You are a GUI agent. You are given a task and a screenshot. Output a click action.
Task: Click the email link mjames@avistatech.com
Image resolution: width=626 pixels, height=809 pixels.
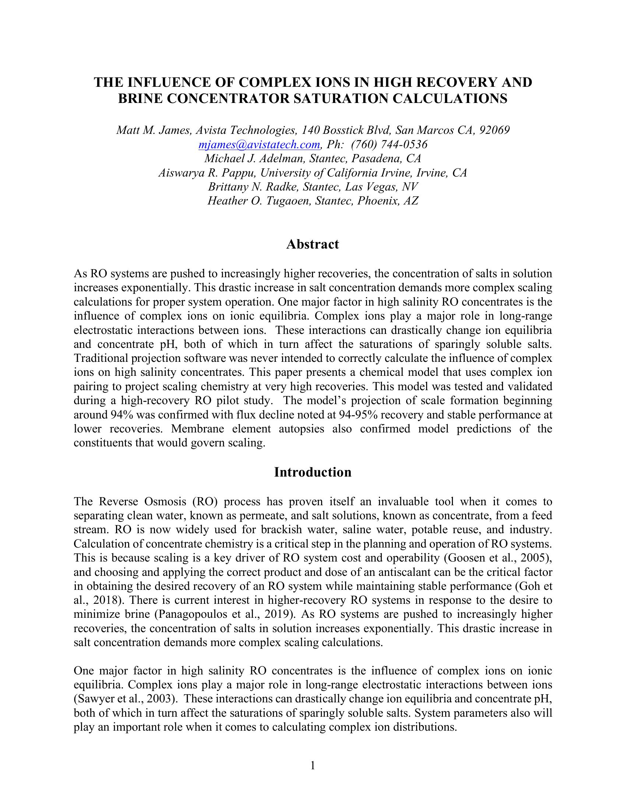coord(259,145)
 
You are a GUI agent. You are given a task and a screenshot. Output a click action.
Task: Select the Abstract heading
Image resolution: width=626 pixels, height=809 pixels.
coord(312,245)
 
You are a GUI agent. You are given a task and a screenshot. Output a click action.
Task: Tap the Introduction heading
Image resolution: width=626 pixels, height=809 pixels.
coord(312,472)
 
